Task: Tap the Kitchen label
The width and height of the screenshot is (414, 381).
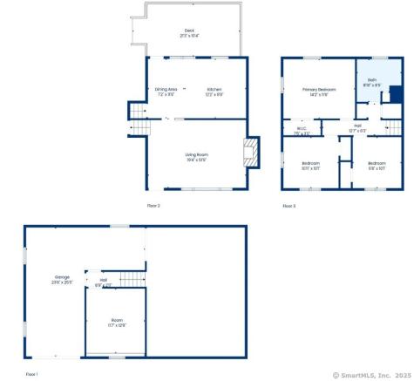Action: pyautogui.click(x=214, y=89)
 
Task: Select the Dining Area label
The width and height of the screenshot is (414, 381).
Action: pyautogui.click(x=166, y=89)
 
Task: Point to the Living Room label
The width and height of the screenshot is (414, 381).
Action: pyautogui.click(x=195, y=155)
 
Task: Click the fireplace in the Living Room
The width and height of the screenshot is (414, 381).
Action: pyautogui.click(x=251, y=153)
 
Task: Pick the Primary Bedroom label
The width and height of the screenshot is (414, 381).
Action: pyautogui.click(x=319, y=89)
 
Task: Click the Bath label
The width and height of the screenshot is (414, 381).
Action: pyautogui.click(x=371, y=80)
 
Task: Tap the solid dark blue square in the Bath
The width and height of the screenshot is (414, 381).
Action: pyautogui.click(x=394, y=94)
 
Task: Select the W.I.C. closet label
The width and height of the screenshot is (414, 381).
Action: pyautogui.click(x=302, y=131)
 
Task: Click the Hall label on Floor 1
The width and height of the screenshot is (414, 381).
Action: pyautogui.click(x=103, y=280)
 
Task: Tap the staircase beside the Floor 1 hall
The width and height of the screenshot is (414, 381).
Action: pyautogui.click(x=129, y=279)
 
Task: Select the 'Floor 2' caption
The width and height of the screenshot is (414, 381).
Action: pyautogui.click(x=153, y=205)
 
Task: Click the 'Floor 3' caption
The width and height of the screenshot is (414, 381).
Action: pyautogui.click(x=289, y=206)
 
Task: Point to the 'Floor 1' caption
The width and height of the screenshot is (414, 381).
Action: pyautogui.click(x=32, y=373)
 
